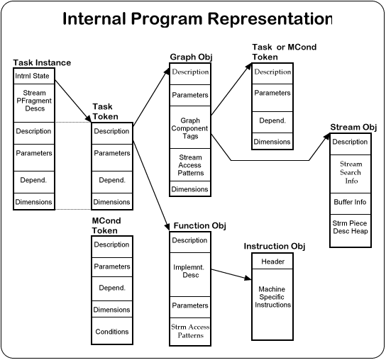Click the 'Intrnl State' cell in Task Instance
pyautogui.click(x=34, y=76)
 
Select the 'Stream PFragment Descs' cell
pyautogui.click(x=34, y=103)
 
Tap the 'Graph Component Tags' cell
pyautogui.click(x=190, y=127)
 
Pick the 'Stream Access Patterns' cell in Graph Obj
pyautogui.click(x=190, y=164)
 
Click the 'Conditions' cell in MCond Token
pyautogui.click(x=112, y=331)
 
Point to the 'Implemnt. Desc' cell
pyautogui.click(x=190, y=274)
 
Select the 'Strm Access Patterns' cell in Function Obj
pyautogui.click(x=190, y=332)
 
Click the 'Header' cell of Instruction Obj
pyautogui.click(x=272, y=261)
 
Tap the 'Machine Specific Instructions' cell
pyautogui.click(x=272, y=305)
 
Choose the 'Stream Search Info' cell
pyautogui.click(x=351, y=174)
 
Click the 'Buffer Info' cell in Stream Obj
pyautogui.click(x=351, y=203)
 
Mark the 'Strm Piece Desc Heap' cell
pyautogui.click(x=351, y=230)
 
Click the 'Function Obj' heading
pyautogui.click(x=199, y=226)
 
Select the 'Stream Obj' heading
pyautogui.click(x=353, y=127)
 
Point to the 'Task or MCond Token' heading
pyautogui.click(x=285, y=52)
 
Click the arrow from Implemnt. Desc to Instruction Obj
pyautogui.click(x=231, y=274)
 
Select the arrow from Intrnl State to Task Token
pyautogui.click(x=73, y=101)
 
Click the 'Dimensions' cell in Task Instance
pyautogui.click(x=34, y=201)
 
